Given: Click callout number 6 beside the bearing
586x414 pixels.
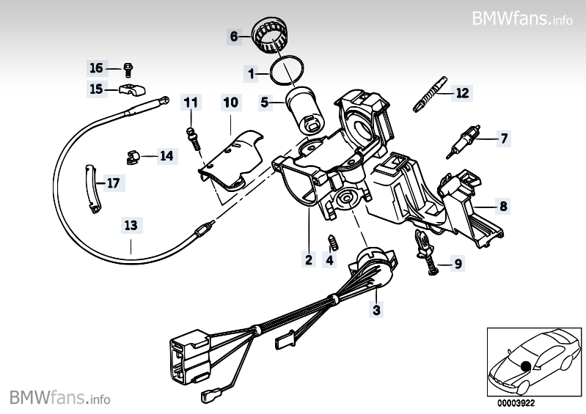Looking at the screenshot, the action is click(x=234, y=36).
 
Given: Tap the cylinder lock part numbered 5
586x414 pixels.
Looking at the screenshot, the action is click(x=305, y=111).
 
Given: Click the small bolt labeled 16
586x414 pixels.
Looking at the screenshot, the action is click(x=128, y=70).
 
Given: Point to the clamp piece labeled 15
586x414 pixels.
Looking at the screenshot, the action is click(x=132, y=89).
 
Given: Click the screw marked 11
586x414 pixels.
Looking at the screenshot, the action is click(x=193, y=138).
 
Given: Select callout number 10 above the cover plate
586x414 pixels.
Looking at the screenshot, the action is click(x=230, y=102).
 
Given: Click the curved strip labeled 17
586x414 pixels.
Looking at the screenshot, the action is click(x=91, y=188).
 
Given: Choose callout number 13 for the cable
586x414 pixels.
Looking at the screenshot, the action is click(x=131, y=225).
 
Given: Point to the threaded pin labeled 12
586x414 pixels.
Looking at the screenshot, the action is click(x=430, y=95).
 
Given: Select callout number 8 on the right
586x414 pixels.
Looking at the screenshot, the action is click(x=503, y=206).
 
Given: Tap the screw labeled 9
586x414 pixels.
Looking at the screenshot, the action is click(x=426, y=251).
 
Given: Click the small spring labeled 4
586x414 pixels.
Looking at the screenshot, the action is click(x=332, y=242).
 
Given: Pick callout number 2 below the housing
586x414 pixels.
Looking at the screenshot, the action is click(x=309, y=259).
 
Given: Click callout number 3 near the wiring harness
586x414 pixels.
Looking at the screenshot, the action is click(x=376, y=309).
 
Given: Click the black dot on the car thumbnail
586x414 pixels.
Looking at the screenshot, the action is click(x=526, y=366).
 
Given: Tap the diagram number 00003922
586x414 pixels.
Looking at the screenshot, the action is click(x=516, y=403).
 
